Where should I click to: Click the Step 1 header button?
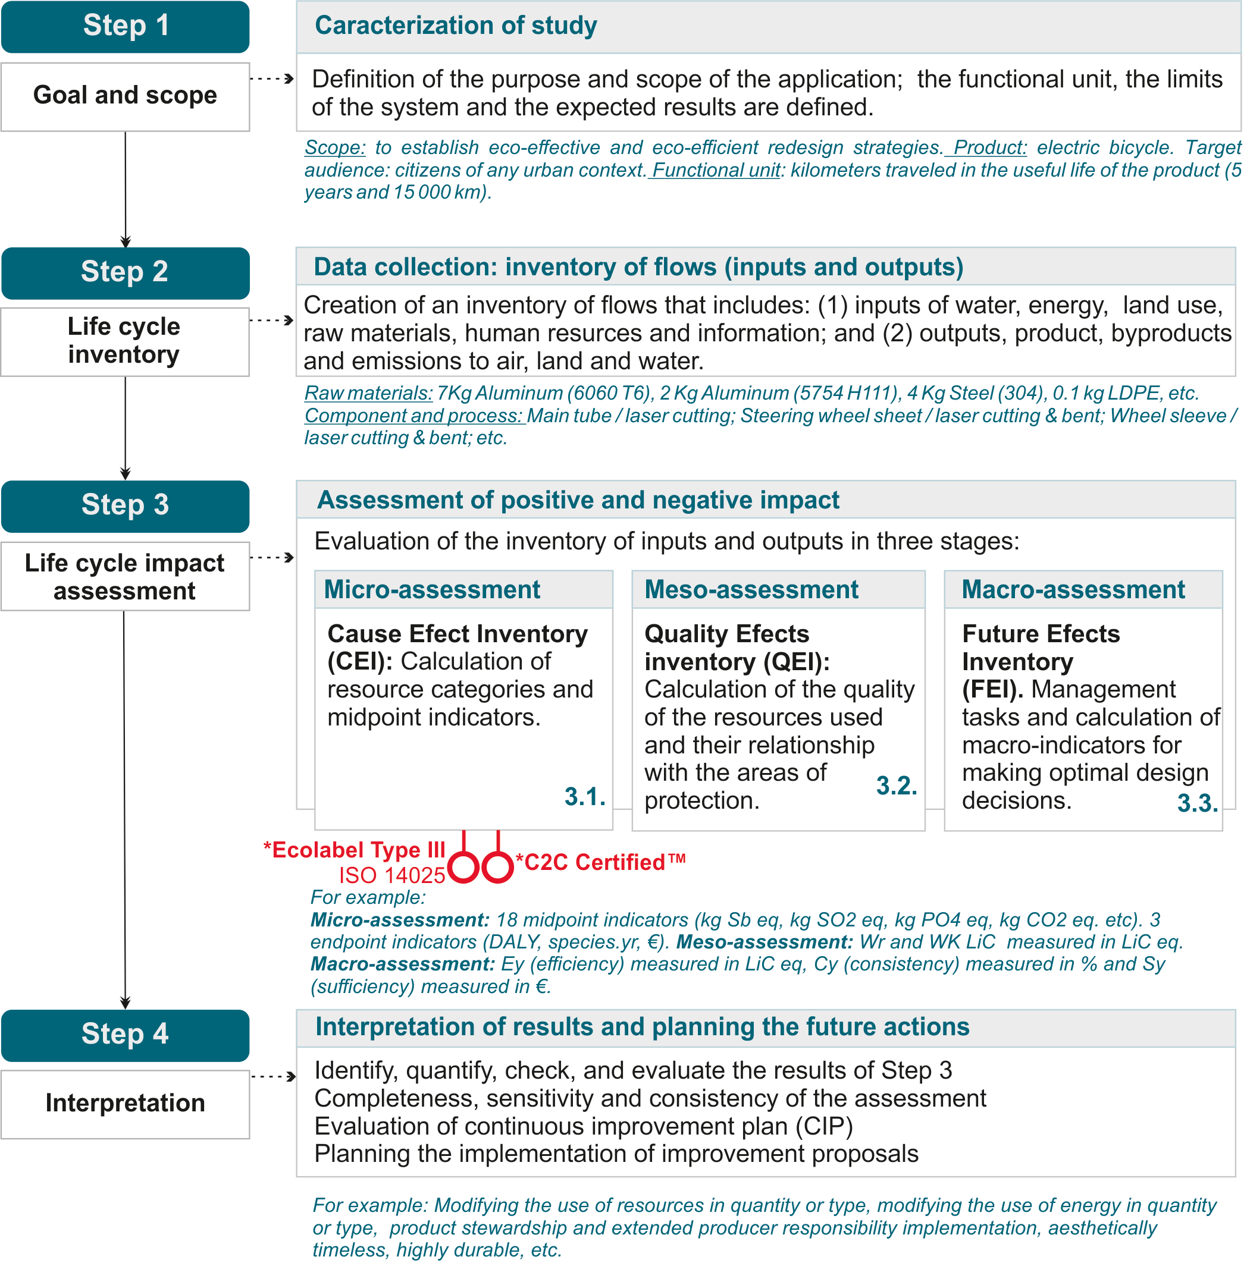pyautogui.click(x=126, y=26)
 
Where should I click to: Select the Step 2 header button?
pyautogui.click(x=126, y=273)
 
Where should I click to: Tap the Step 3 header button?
pyautogui.click(x=126, y=506)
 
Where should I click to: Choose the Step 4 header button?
pyautogui.click(x=126, y=1035)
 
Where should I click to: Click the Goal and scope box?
pyautogui.click(x=126, y=96)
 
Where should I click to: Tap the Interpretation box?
pyautogui.click(x=126, y=1104)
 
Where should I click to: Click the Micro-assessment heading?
pyautogui.click(x=433, y=590)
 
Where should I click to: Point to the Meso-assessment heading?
pyautogui.click(x=752, y=590)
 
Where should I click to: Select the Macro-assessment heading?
pyautogui.click(x=1074, y=590)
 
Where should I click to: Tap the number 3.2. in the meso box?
pyautogui.click(x=897, y=786)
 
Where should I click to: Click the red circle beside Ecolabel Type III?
pyautogui.click(x=465, y=868)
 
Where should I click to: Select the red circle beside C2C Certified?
pyautogui.click(x=497, y=868)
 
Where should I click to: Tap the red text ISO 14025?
pyautogui.click(x=392, y=876)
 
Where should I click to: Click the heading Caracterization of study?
pyautogui.click(x=456, y=26)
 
